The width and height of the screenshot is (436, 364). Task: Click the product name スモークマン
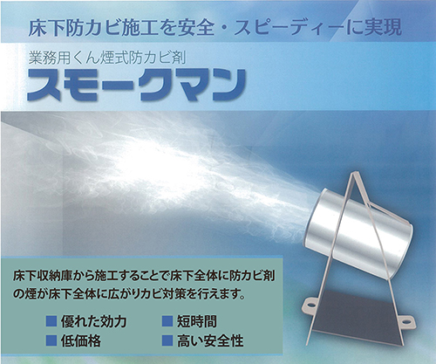136,86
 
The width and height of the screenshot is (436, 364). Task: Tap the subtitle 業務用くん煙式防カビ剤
107,58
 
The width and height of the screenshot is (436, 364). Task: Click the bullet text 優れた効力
93,321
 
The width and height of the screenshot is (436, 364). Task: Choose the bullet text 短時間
197,321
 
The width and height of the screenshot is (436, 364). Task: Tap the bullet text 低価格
81,340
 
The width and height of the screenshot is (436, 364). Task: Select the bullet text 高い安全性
210,340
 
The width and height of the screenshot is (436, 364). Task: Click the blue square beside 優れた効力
51,321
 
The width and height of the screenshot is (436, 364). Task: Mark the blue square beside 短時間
167,321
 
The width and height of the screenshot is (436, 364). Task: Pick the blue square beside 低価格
51,340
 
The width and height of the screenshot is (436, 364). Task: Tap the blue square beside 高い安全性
167,340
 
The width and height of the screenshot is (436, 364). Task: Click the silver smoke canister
360,231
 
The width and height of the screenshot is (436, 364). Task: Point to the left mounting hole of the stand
310,306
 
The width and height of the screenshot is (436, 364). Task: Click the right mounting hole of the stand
410,320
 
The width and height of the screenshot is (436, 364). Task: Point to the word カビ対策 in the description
160,294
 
